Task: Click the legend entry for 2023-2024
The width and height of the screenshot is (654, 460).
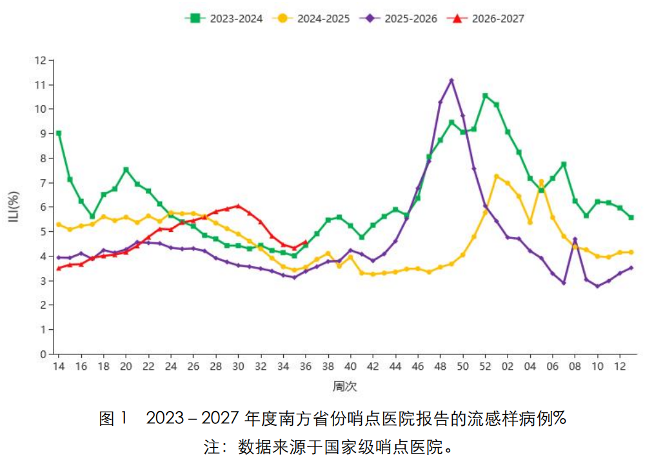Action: [x=224, y=19]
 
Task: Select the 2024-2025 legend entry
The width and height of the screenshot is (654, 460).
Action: [x=311, y=19]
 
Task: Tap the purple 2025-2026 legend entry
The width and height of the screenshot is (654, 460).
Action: [x=399, y=19]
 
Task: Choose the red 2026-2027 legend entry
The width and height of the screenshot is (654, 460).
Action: [x=486, y=19]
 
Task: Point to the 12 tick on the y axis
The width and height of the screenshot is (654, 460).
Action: [x=41, y=61]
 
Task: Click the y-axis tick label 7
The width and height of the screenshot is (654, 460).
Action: [x=43, y=182]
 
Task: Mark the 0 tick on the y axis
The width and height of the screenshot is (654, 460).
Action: [x=43, y=354]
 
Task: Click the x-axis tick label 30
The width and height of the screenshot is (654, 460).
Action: [x=238, y=366]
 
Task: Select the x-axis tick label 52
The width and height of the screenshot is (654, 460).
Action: [x=485, y=366]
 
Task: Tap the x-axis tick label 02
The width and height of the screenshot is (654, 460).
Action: [x=508, y=366]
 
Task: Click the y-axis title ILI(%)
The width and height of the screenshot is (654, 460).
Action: [x=14, y=207]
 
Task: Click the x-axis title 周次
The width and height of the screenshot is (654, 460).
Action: [x=345, y=387]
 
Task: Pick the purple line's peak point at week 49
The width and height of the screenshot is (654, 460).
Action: [x=451, y=81]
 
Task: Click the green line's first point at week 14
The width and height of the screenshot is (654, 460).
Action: [x=59, y=133]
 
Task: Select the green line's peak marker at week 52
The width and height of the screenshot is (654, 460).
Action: [x=485, y=96]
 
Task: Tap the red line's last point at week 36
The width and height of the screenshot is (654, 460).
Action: [x=306, y=242]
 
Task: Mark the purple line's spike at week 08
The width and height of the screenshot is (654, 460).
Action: [x=575, y=240]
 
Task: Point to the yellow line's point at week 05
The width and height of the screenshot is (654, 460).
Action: [x=541, y=182]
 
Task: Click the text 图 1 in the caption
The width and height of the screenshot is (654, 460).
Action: [x=113, y=418]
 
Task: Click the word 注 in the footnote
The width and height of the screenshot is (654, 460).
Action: [x=212, y=448]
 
